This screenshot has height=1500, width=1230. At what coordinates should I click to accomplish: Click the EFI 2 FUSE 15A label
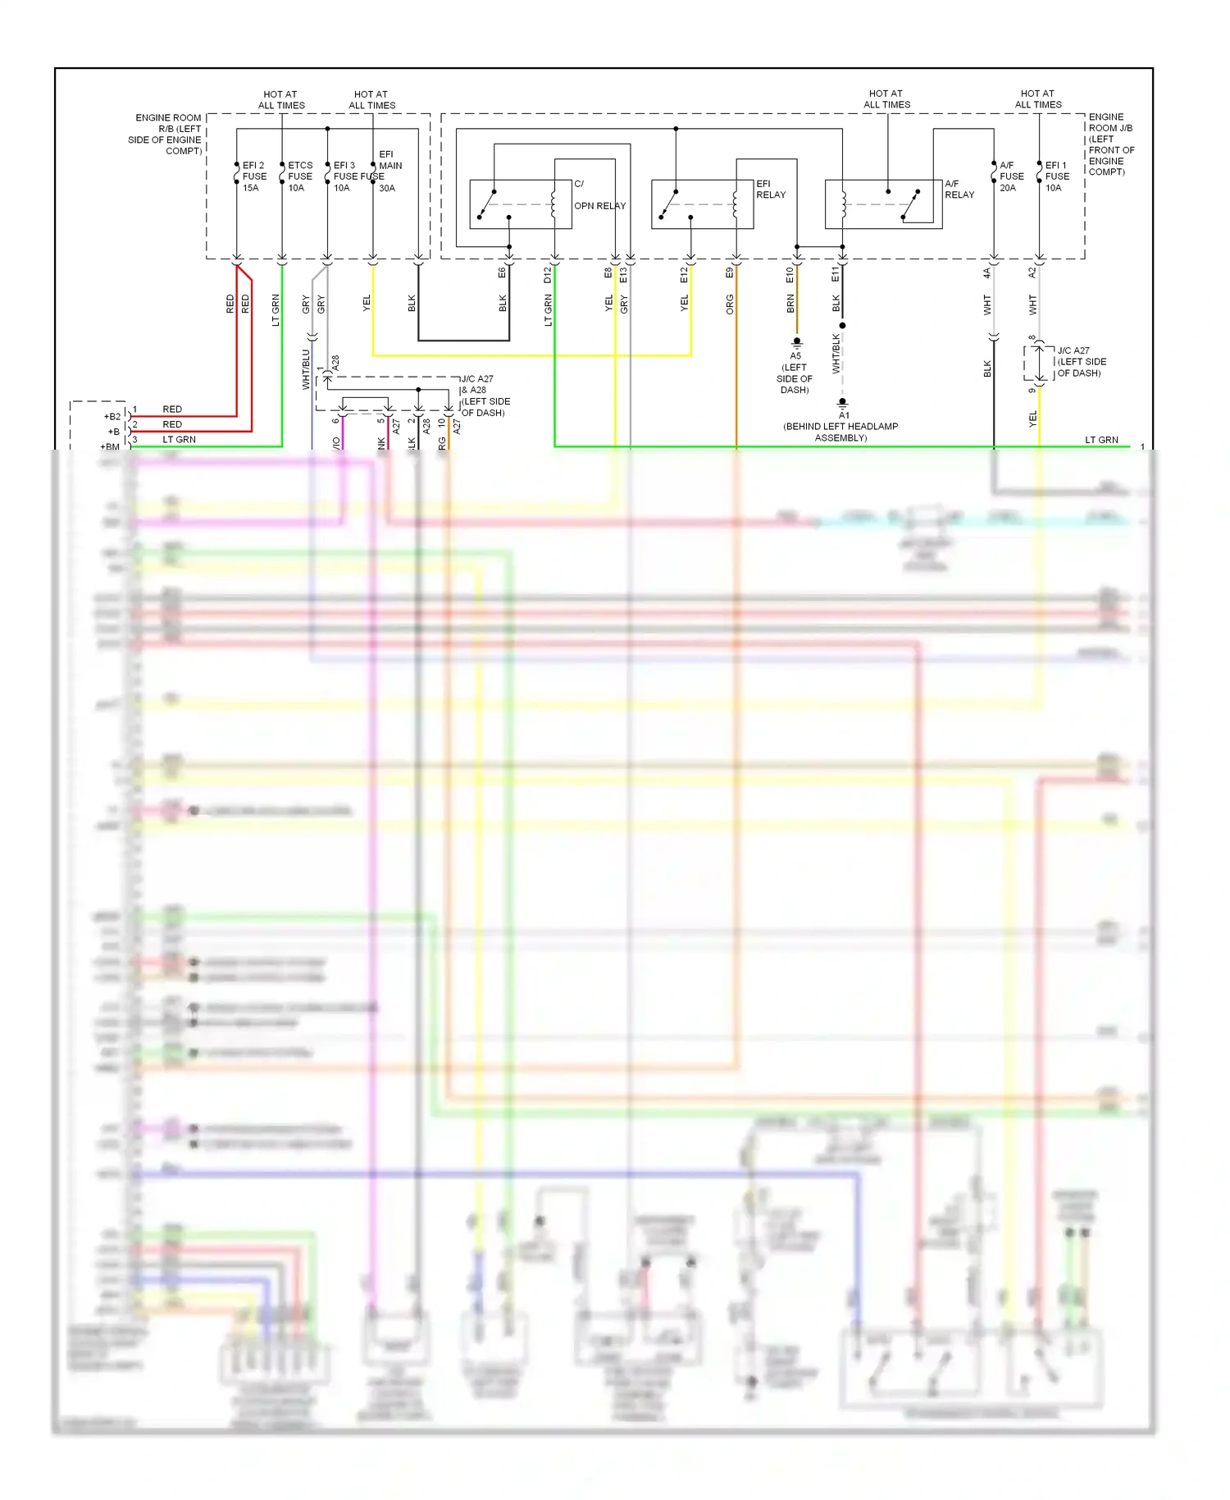point(254,176)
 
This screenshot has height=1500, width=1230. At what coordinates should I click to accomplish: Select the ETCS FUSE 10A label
point(299,176)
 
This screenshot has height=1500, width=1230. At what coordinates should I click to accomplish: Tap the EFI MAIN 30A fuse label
point(389,171)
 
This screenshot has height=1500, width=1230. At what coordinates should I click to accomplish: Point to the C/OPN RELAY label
point(599,195)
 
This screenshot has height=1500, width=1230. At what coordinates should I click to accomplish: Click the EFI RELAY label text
point(770,190)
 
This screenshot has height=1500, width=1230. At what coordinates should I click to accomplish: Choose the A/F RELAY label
point(959,190)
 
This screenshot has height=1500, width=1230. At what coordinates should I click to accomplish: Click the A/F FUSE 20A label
point(1011,176)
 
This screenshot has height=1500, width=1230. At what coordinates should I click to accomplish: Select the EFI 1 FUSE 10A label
point(1057,176)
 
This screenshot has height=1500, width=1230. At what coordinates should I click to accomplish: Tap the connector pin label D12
point(548,276)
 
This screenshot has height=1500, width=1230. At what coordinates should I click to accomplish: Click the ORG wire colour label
point(729,304)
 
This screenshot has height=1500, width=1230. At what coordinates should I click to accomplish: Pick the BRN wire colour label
point(790,304)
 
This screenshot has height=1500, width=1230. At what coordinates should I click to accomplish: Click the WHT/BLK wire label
point(836,354)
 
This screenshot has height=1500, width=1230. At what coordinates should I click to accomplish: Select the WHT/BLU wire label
point(306,369)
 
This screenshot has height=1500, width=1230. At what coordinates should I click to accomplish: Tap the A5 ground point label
point(795,356)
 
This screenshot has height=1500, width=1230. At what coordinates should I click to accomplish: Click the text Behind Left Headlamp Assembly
point(840,432)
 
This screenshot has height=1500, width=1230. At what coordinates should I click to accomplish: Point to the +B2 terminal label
point(112,417)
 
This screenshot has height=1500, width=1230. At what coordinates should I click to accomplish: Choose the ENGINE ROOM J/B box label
point(1110,144)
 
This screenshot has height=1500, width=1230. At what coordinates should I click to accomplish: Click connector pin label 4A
point(987,272)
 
